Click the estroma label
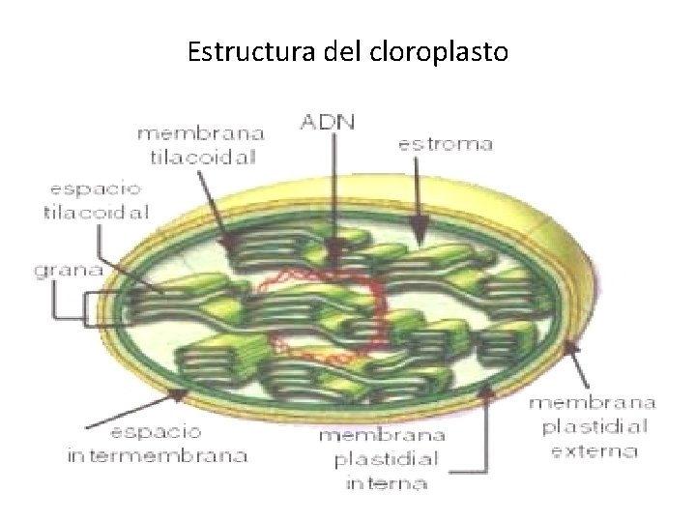click(446, 145)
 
